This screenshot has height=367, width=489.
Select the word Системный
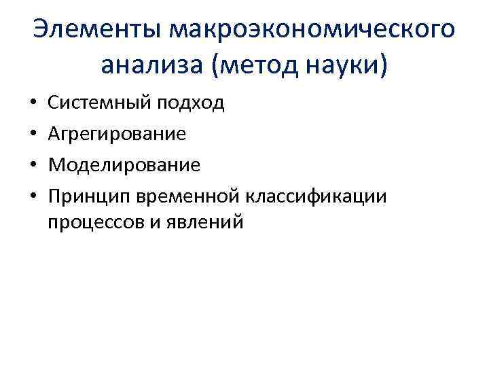100,103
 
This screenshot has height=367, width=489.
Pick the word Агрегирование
116,135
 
